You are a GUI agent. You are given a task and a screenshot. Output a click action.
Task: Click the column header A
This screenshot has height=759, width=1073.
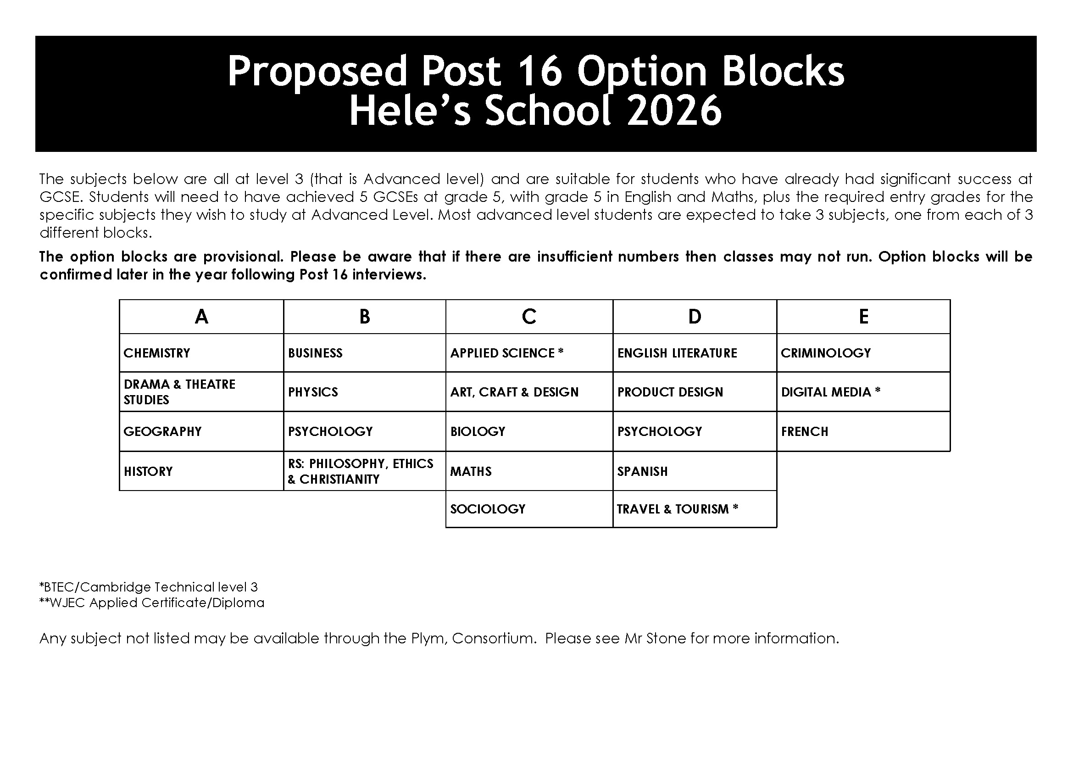[x=201, y=317]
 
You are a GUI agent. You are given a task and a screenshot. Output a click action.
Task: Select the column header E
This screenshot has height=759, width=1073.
[x=863, y=317]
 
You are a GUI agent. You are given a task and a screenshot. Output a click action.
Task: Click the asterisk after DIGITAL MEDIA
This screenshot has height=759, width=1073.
[x=878, y=391]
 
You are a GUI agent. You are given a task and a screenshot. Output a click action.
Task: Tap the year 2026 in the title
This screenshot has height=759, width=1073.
[x=674, y=111]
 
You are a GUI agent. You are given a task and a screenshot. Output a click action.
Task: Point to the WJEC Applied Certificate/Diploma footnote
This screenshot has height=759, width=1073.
[x=152, y=603]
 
